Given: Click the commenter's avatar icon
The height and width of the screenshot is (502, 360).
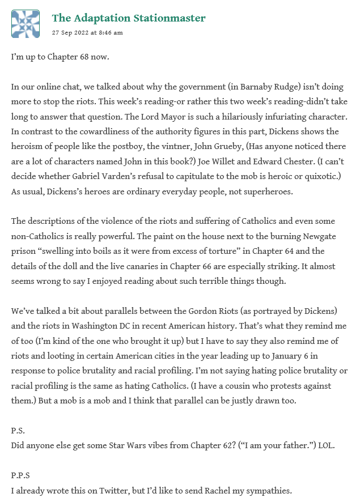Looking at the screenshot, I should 26,24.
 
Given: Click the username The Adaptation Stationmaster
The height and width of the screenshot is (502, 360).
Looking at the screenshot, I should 129,18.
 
